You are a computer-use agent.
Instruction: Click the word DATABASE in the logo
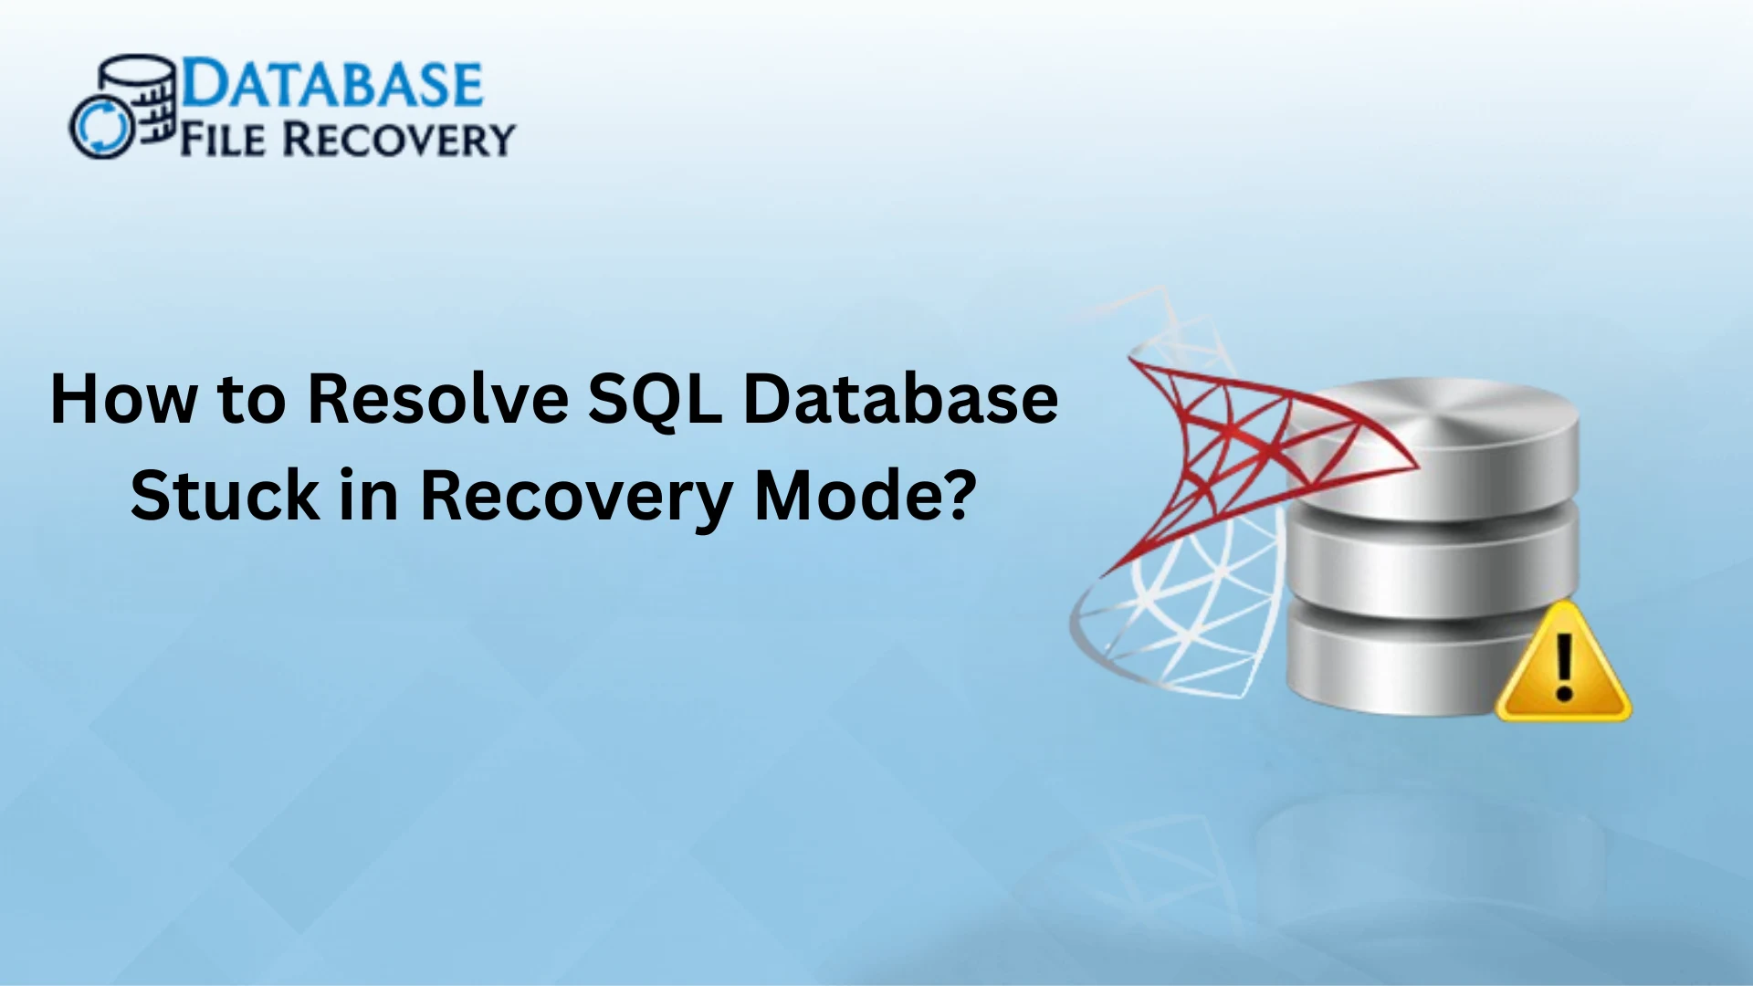click(332, 84)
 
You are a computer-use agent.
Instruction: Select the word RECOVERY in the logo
click(397, 140)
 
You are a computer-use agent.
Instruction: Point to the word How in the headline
click(123, 399)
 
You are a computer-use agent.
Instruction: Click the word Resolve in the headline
click(437, 399)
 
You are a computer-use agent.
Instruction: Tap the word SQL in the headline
click(655, 399)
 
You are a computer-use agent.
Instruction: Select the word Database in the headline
click(901, 399)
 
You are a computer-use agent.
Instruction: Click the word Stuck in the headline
click(225, 495)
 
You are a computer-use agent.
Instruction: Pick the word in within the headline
click(370, 495)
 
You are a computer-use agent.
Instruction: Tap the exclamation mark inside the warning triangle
click(1564, 667)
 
